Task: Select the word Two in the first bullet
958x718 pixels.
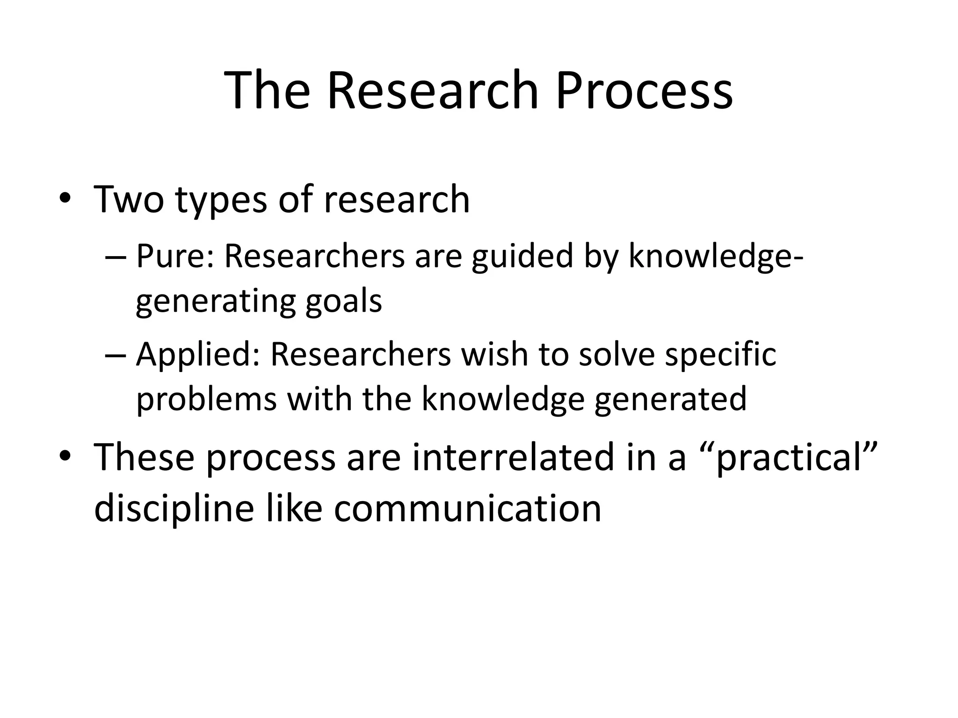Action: [x=129, y=200]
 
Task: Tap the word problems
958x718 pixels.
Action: [x=206, y=399]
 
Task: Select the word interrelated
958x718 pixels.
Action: [x=513, y=458]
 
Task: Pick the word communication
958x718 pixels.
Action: [x=467, y=508]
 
